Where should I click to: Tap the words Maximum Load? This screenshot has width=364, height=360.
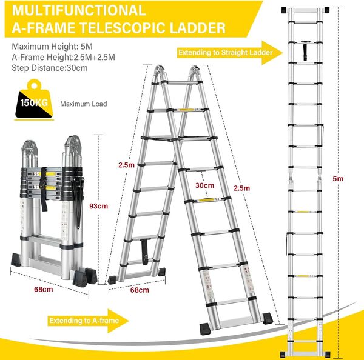(84, 104)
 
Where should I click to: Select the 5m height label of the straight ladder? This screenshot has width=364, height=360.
(339, 179)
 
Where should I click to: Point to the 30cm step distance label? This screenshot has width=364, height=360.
(205, 185)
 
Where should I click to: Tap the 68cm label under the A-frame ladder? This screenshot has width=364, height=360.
(140, 290)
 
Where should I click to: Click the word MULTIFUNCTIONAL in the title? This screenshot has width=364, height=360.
(77, 10)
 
